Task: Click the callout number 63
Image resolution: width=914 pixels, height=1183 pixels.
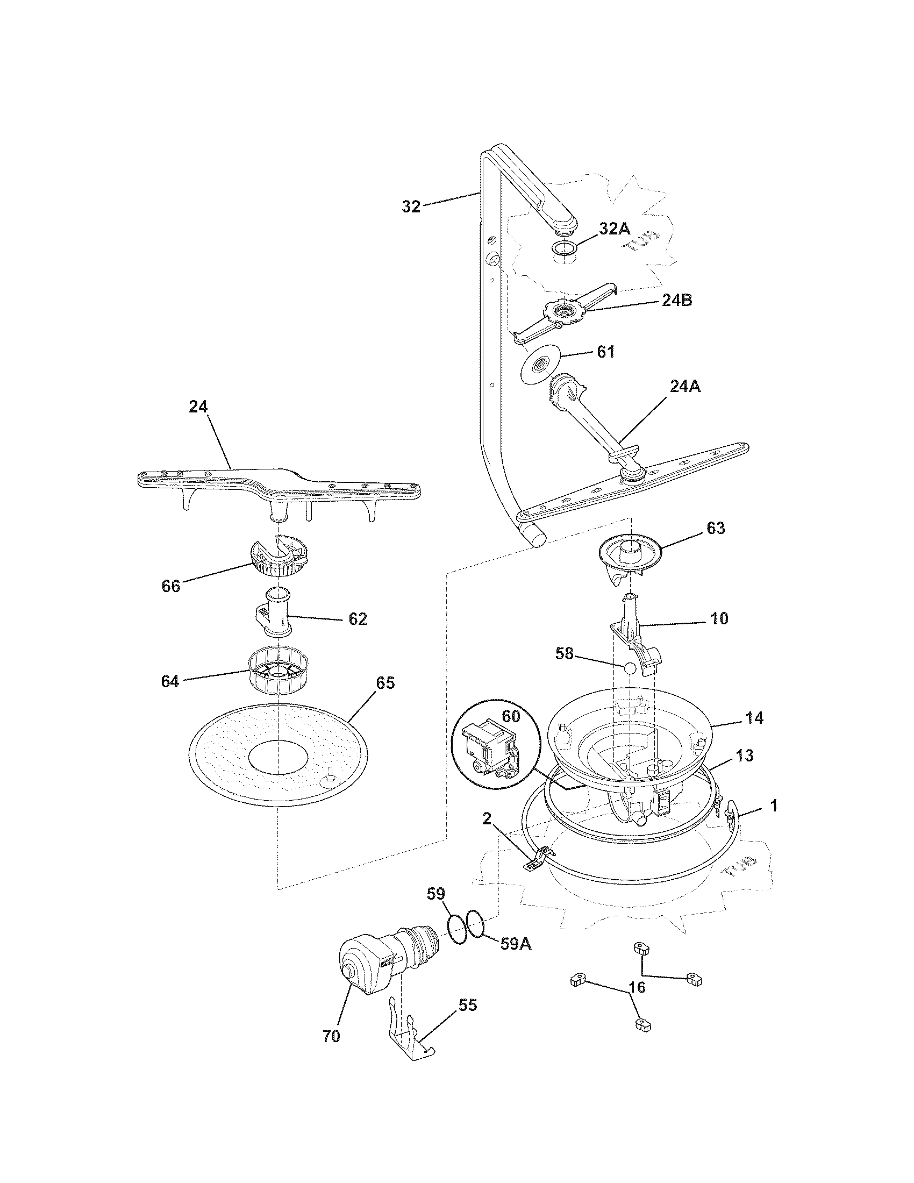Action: [716, 528]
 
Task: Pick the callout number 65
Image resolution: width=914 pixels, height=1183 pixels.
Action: [385, 683]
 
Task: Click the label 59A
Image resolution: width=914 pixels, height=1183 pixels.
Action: [516, 944]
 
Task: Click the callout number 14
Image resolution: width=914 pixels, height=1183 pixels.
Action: [754, 718]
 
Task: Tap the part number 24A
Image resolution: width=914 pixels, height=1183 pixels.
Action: [685, 386]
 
